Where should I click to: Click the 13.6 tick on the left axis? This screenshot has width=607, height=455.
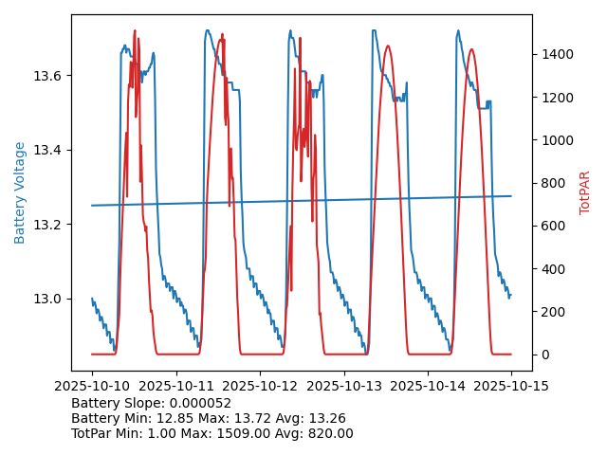pos(49,76)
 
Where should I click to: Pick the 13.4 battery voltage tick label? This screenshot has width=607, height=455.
pos(49,150)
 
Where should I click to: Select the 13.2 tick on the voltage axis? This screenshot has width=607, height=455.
pos(49,225)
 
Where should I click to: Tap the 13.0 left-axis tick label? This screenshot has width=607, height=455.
pos(49,299)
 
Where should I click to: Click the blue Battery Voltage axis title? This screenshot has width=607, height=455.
pos(20,192)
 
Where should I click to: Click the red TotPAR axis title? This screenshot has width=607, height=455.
pos(585,192)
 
